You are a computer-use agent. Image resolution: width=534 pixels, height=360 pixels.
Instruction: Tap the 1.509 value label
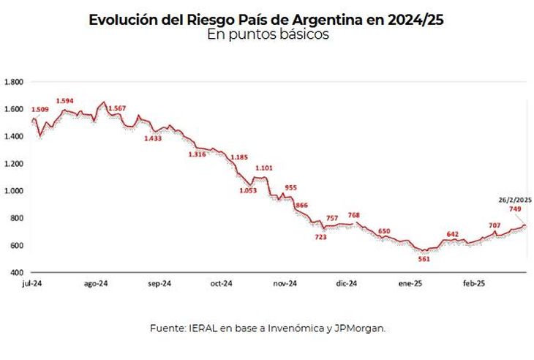pos(40,110)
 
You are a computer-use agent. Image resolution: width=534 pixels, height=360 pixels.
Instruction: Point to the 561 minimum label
pos(424,259)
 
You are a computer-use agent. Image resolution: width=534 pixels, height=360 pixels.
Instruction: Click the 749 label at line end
pos(515,209)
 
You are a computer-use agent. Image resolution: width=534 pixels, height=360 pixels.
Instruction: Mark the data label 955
pos(290,187)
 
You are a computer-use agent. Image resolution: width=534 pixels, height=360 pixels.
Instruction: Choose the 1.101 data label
pos(263,168)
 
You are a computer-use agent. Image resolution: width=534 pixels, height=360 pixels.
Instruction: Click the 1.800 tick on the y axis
pos(14,81)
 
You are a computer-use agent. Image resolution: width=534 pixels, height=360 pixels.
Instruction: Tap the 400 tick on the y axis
pos(18,272)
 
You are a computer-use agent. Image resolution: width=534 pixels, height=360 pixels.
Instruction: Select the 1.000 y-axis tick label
pos(14,190)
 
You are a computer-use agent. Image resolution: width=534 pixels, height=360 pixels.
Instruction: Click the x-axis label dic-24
pos(347,283)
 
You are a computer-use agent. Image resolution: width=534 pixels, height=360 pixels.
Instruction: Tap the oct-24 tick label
pos(222,283)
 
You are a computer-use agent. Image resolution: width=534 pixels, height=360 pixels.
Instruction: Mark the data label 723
pos(321,237)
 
